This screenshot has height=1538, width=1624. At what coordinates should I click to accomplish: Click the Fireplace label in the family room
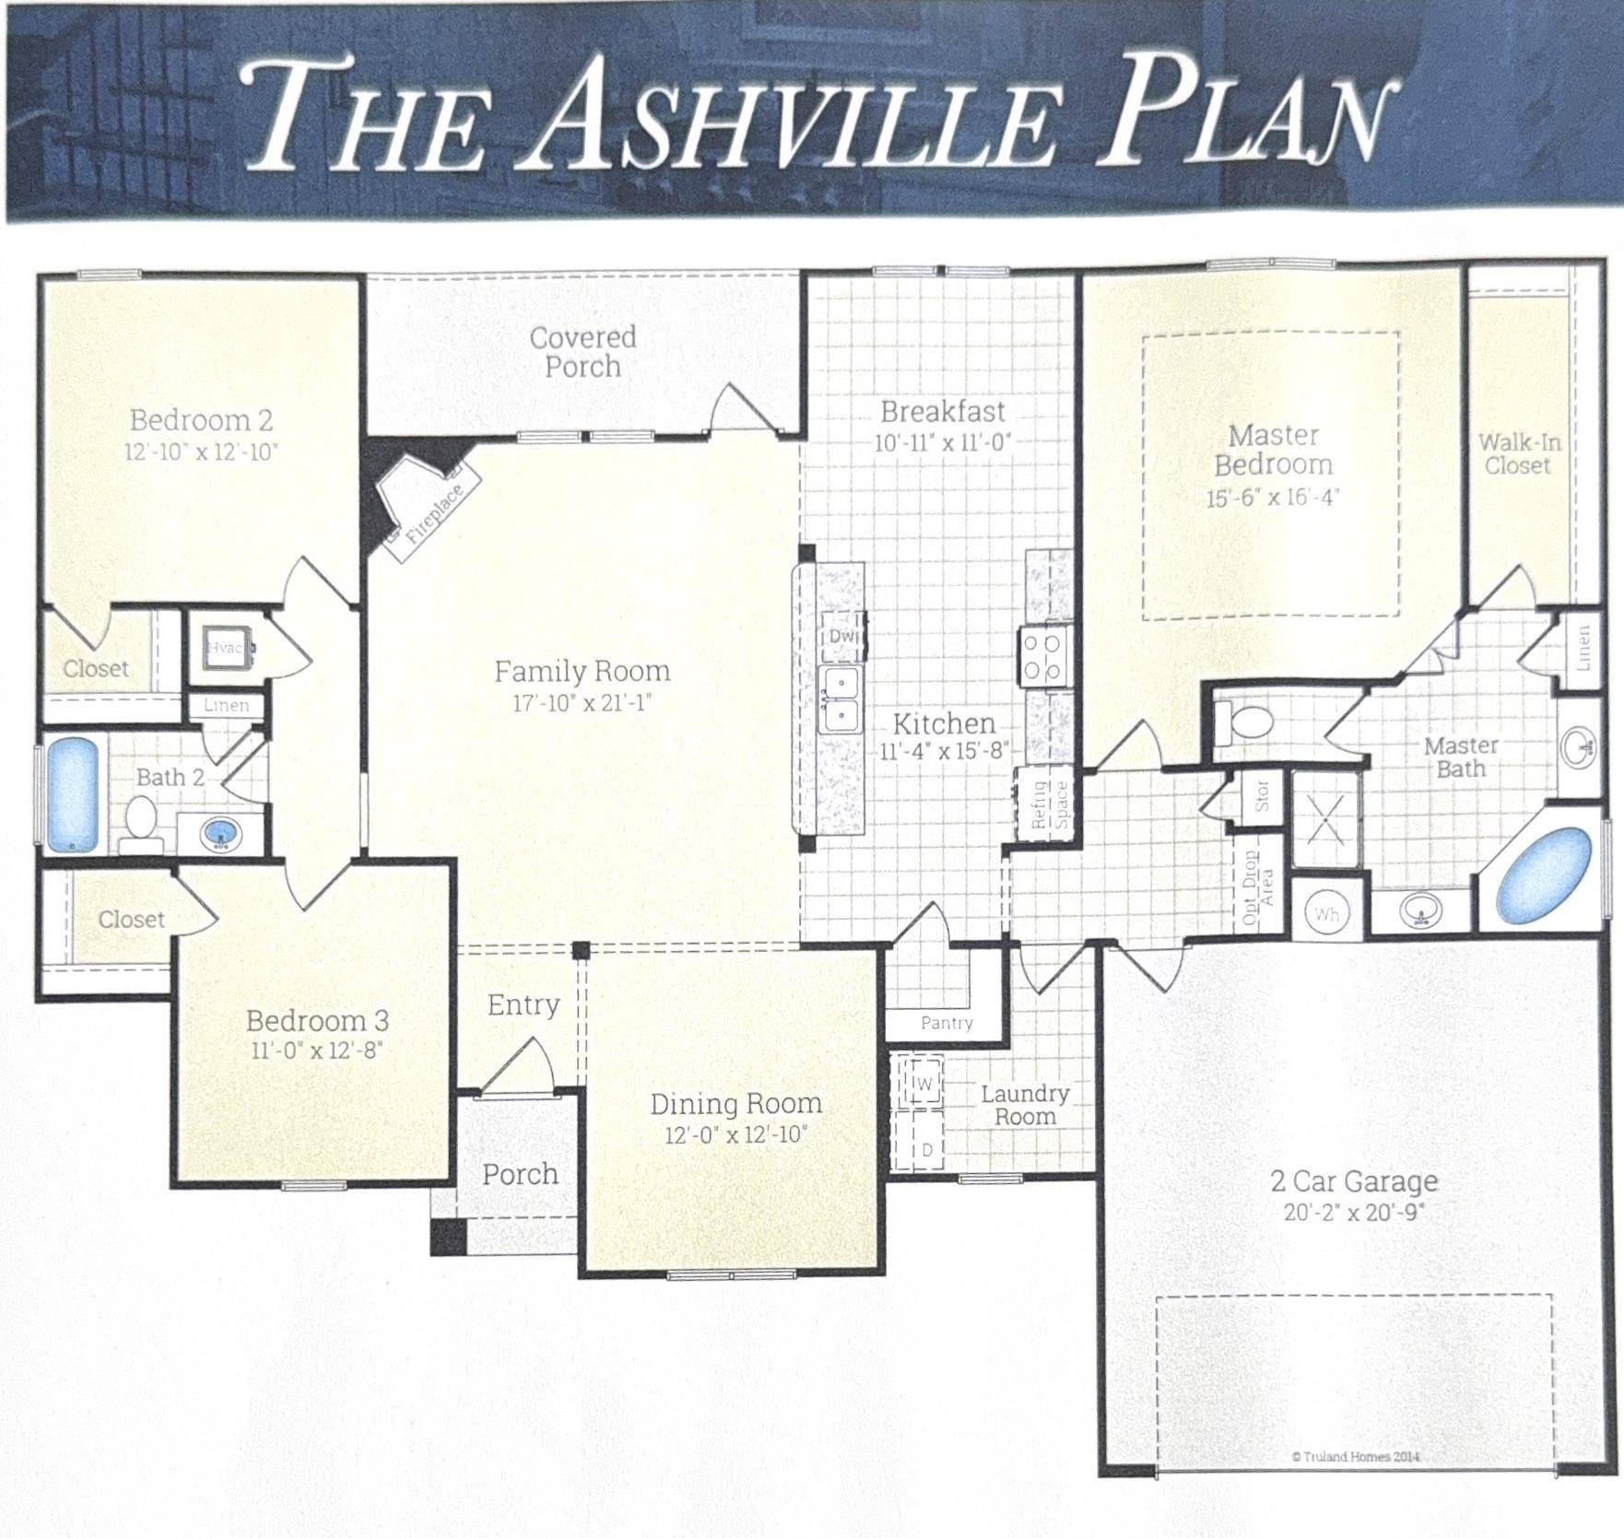click(434, 513)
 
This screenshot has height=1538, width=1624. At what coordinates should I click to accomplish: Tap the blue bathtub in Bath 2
click(71, 793)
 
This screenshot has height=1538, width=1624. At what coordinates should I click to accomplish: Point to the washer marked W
click(924, 1082)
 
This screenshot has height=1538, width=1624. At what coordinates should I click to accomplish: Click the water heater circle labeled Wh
click(1327, 912)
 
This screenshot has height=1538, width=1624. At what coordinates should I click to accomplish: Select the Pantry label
click(947, 1023)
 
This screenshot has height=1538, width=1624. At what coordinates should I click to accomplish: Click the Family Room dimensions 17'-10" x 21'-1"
click(583, 703)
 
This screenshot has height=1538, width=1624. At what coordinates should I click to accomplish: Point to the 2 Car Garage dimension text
click(1355, 1212)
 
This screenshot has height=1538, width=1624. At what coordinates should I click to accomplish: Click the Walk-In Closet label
click(1519, 453)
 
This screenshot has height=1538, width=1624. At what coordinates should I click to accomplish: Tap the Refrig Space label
click(1050, 804)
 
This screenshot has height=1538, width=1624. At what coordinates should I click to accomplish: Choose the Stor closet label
click(1262, 795)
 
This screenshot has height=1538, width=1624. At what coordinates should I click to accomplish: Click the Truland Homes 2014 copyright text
click(1356, 1456)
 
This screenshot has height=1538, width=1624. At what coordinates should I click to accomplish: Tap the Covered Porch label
click(583, 352)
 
